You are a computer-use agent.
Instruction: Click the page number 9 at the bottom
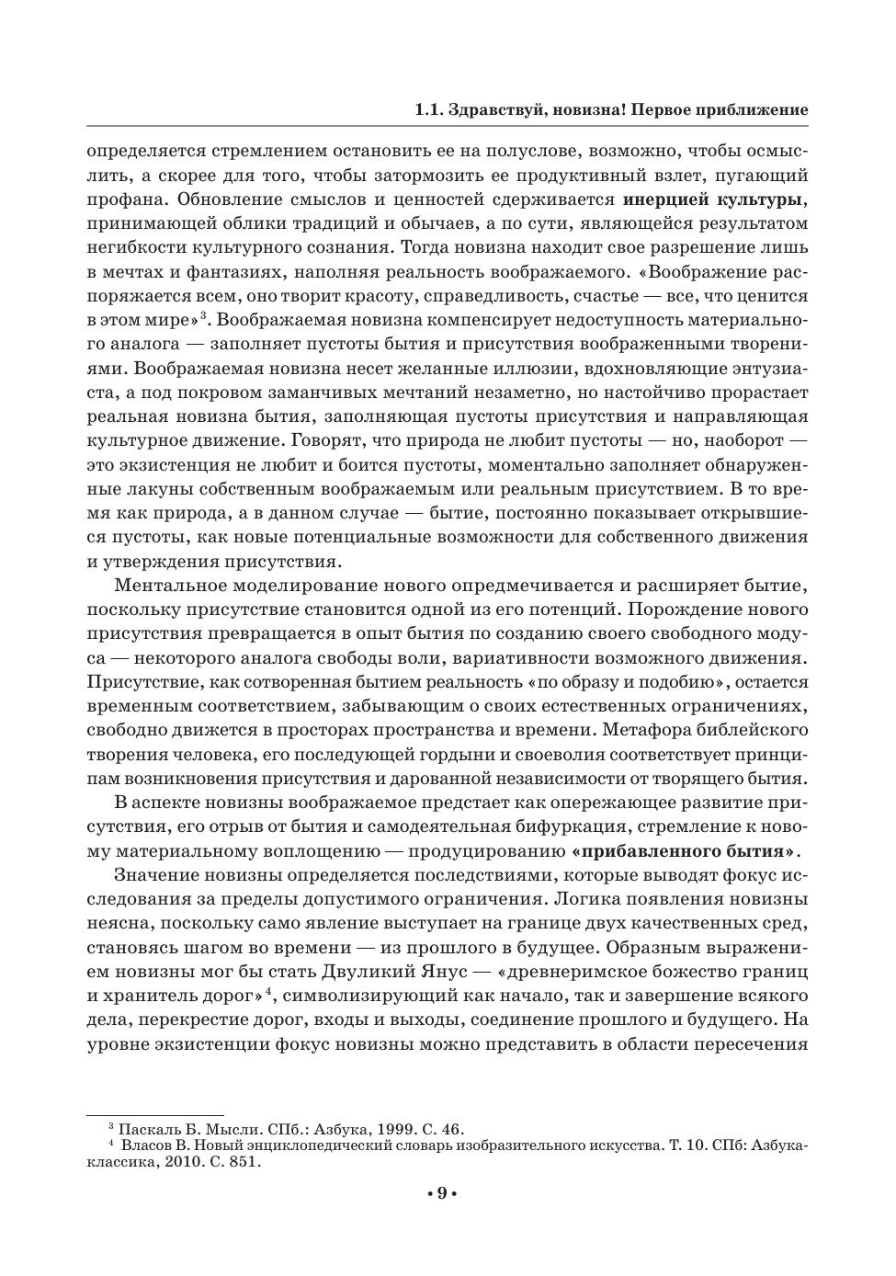coord(441,1193)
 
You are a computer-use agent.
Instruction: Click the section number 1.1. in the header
coord(429,110)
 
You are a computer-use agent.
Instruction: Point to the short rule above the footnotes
coord(155,1115)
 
